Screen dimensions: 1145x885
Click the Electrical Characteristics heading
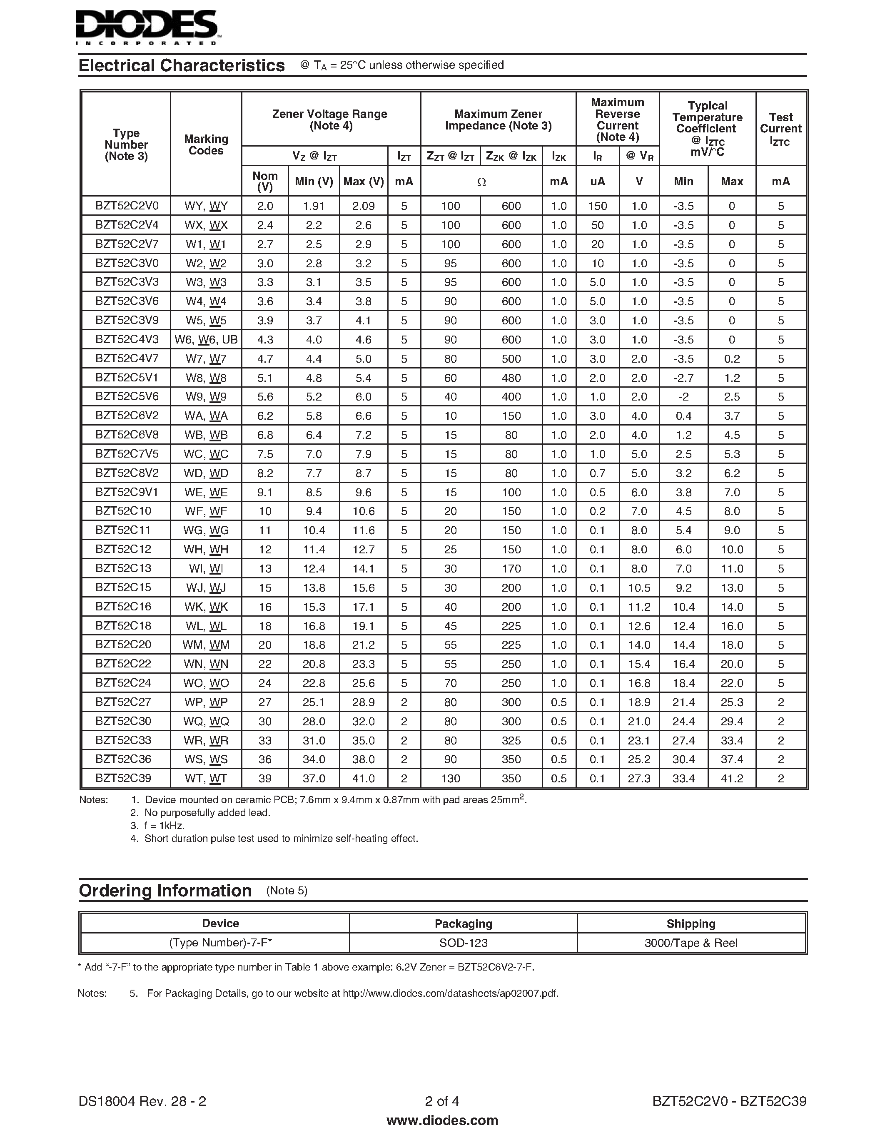[x=182, y=65]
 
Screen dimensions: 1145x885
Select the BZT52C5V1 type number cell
[x=126, y=378]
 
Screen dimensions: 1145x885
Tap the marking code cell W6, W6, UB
[x=206, y=340]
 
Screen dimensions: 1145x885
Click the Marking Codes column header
[x=206, y=145]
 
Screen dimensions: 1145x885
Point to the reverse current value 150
[x=597, y=206]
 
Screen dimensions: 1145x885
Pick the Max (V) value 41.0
[x=363, y=779]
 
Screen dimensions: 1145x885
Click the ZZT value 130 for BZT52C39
[x=450, y=779]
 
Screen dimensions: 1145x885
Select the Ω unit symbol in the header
[x=481, y=182]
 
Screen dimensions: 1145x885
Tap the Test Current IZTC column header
[x=780, y=129]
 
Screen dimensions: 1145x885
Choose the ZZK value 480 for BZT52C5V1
[x=511, y=378]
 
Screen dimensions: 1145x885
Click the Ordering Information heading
[x=165, y=891]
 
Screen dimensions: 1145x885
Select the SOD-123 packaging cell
[x=464, y=943]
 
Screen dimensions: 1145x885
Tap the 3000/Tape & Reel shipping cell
[x=691, y=943]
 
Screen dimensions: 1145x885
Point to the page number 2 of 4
[x=442, y=1101]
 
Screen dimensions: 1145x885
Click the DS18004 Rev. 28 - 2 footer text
[x=142, y=1101]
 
